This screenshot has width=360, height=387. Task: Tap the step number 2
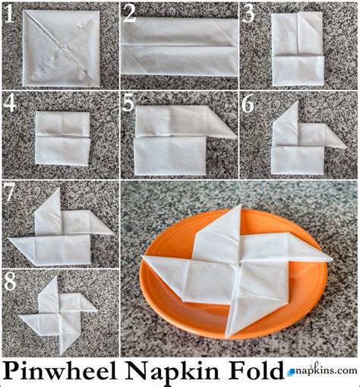click(x=129, y=13)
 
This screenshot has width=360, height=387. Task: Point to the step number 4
click(x=10, y=103)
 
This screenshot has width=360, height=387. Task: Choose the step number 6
click(x=248, y=103)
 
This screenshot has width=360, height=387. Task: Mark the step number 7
click(x=10, y=192)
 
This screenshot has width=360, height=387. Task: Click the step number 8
click(x=10, y=281)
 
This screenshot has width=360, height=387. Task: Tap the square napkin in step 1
click(x=61, y=47)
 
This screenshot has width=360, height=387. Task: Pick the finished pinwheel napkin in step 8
click(x=59, y=313)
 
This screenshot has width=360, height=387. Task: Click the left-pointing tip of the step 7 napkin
click(x=14, y=242)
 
